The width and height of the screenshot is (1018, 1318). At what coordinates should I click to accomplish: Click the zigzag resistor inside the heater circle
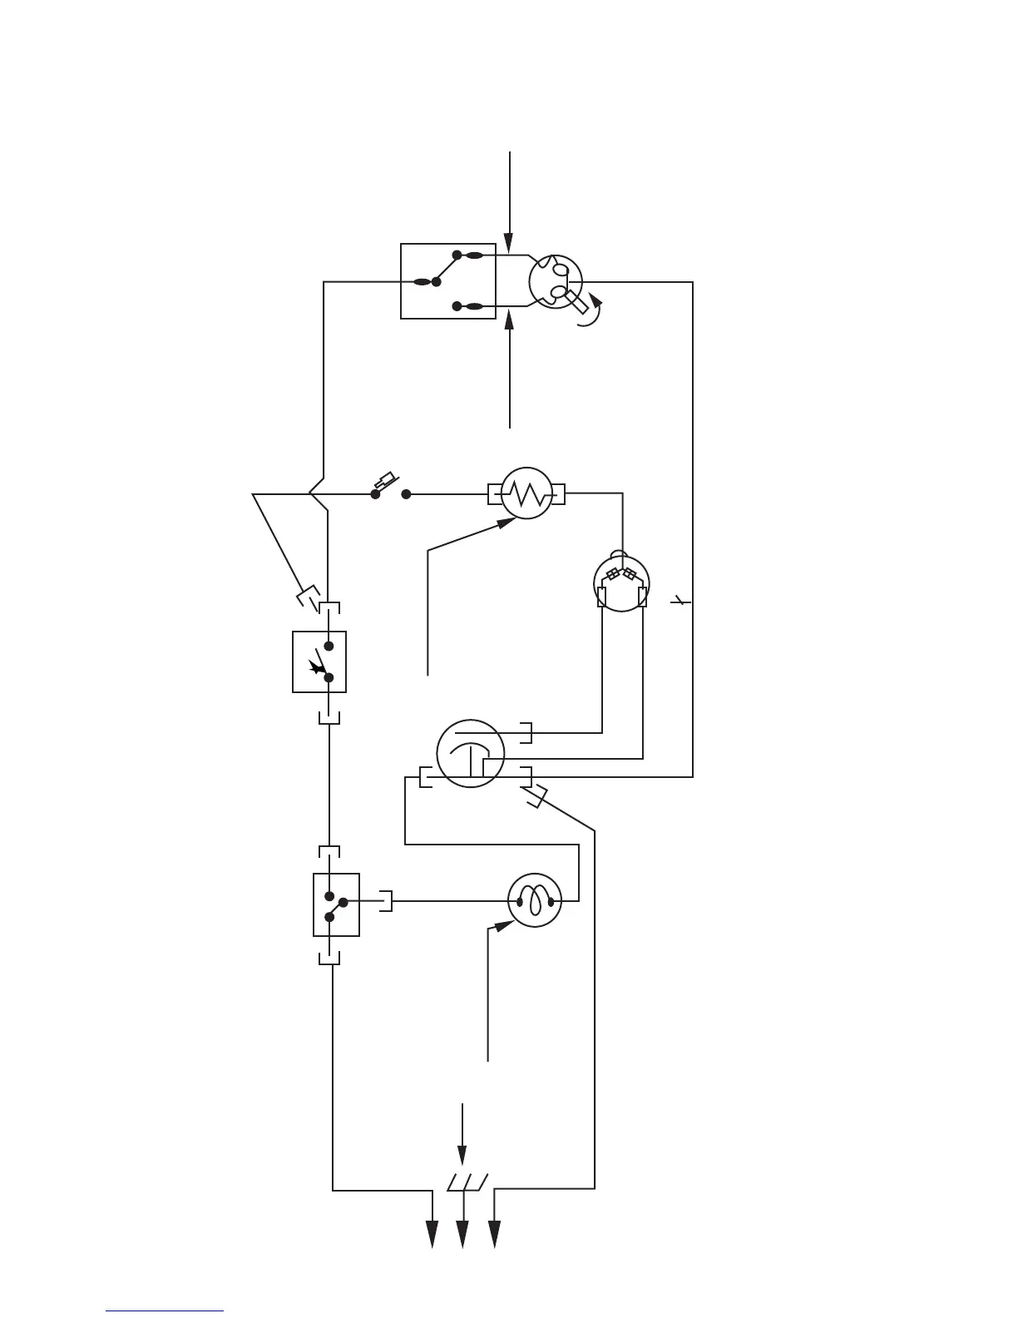526,495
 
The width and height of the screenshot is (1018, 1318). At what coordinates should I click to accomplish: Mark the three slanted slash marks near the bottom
466,1182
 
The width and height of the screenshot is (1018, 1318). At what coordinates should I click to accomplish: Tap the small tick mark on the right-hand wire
681,600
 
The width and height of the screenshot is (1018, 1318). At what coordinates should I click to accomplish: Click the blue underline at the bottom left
165,1311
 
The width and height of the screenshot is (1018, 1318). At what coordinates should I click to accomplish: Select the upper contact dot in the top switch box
457,255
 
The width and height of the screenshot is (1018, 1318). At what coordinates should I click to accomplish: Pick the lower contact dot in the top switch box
457,306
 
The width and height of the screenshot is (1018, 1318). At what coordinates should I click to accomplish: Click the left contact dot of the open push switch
375,494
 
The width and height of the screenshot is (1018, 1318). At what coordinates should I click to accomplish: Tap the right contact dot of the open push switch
407,494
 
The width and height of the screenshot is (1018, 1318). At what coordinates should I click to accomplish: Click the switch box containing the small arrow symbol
319,661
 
